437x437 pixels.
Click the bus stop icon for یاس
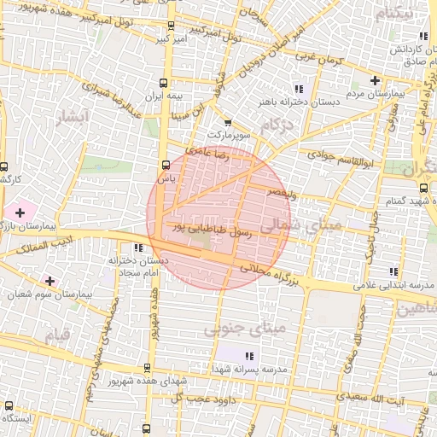pos(165,165)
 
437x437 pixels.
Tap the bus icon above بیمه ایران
pos(163,83)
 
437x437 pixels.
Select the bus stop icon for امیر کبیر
pos(172,26)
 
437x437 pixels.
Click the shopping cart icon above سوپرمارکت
pos(227,122)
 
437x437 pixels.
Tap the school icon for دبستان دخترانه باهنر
pos(298,88)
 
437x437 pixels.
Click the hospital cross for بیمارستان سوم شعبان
pos(50,280)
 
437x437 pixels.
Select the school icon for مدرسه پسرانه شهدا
pos(248,355)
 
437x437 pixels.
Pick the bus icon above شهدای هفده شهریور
pos(147,368)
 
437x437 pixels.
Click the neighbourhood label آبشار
pos(71,119)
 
